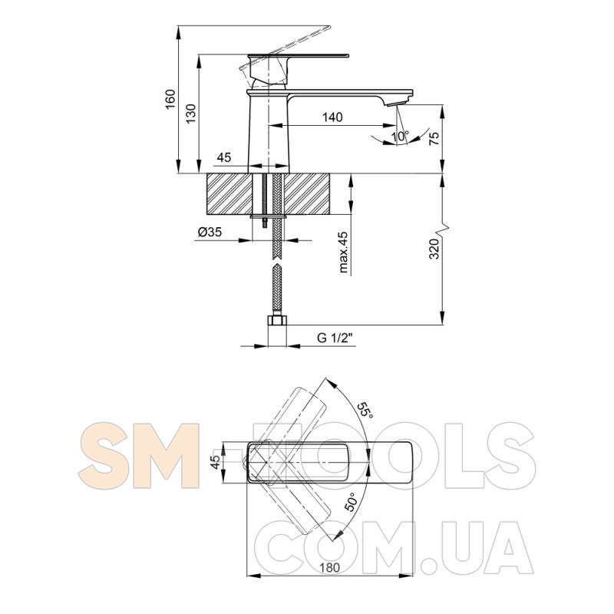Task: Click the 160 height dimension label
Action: click(x=170, y=100)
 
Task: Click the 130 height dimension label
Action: click(x=190, y=114)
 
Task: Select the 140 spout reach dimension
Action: click(x=332, y=117)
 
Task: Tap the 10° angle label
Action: click(x=400, y=137)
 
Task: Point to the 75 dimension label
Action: click(x=434, y=138)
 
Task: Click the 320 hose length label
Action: click(x=434, y=248)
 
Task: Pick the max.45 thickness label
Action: click(x=343, y=253)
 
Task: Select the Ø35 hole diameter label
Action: click(x=210, y=233)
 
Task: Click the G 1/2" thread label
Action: click(x=335, y=338)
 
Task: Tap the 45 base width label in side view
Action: click(x=224, y=157)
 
